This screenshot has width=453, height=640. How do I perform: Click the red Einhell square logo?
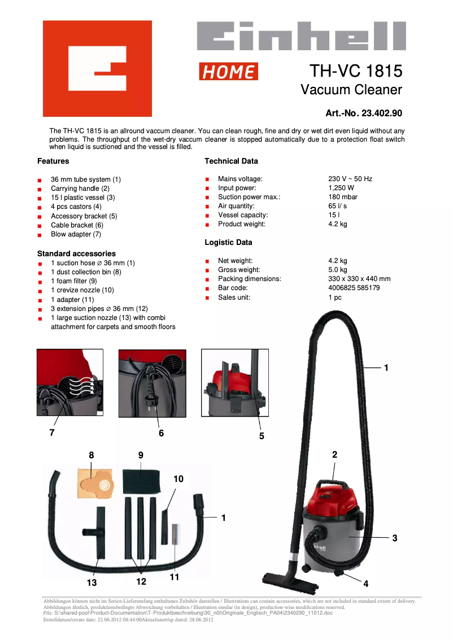pos(97,68)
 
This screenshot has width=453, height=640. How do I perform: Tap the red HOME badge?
pos(228,72)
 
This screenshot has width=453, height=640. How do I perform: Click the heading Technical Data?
pos(231,161)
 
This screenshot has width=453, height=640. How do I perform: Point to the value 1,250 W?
pos(341,188)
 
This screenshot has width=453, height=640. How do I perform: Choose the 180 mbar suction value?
pos(343,197)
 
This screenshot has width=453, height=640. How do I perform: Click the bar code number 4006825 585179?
pos(354,288)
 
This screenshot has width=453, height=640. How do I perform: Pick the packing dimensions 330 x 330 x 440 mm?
pos(359,279)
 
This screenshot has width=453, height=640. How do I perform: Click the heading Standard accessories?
pos(76,254)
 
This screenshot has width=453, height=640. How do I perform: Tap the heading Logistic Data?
pos(228,243)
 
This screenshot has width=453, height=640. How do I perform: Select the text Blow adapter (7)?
pos(76,234)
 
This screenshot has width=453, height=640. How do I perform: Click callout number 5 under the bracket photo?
pos(262,436)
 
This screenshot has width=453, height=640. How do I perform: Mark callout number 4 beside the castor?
pos(365,584)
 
